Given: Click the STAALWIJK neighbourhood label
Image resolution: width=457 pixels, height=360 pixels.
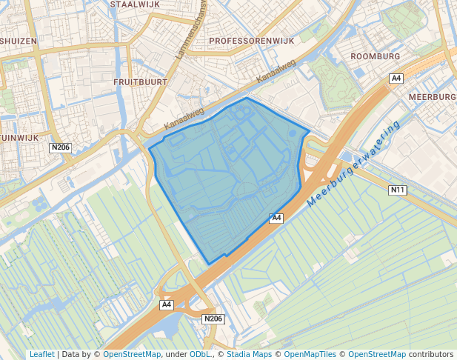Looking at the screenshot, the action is [x=134, y=4].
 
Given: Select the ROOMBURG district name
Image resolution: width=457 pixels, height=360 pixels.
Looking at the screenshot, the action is [x=375, y=56].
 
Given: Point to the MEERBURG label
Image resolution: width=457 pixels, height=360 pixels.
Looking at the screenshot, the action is [x=433, y=97].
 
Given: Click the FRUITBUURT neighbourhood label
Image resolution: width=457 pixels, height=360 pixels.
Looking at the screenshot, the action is [x=141, y=81].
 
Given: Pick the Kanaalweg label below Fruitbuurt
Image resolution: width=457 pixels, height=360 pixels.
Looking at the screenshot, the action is [x=184, y=119].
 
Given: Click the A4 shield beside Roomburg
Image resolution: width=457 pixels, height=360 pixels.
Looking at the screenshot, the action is [x=396, y=78].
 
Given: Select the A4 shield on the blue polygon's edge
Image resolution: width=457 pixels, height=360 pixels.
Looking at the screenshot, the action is [x=276, y=218].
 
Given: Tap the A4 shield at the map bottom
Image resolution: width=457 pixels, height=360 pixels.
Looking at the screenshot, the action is [x=167, y=304].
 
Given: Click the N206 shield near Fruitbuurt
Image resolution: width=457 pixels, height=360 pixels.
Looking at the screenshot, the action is [x=61, y=147].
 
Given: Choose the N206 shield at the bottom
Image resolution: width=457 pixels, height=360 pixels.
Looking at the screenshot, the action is [x=213, y=319].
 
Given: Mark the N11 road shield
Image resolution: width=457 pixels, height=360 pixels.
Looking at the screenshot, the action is [x=398, y=190].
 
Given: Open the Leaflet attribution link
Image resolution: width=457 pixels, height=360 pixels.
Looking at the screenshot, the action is [x=41, y=355].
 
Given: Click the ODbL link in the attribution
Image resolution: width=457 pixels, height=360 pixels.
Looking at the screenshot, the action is [x=199, y=355].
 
